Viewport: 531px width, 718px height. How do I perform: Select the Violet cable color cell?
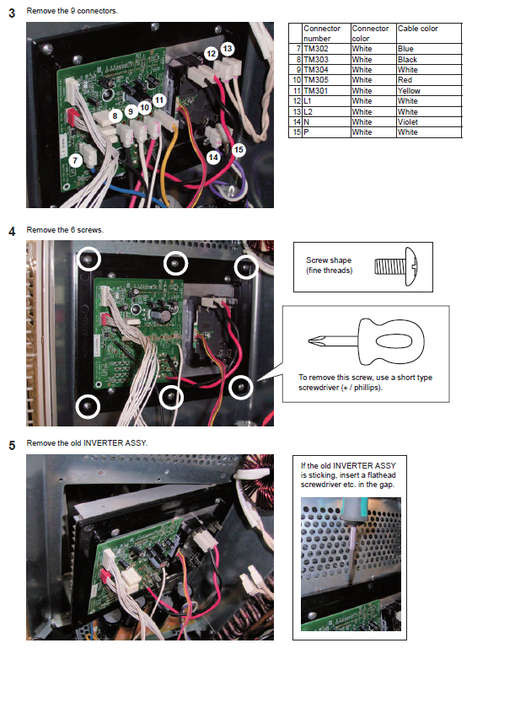(x=407, y=122)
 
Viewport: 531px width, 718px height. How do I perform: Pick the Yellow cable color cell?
(x=409, y=91)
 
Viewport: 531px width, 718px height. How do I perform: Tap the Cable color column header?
(x=417, y=29)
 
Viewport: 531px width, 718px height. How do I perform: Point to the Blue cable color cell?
(x=405, y=49)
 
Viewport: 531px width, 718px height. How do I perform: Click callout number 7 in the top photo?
(x=75, y=160)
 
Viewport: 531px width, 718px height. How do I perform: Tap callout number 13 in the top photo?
(x=227, y=48)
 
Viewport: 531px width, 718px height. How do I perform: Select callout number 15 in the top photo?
(x=239, y=149)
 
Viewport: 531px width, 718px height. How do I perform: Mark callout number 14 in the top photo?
(x=213, y=157)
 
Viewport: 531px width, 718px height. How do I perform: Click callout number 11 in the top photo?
(x=159, y=100)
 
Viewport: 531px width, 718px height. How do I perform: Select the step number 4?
(x=12, y=231)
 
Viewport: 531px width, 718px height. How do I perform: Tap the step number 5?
(x=12, y=444)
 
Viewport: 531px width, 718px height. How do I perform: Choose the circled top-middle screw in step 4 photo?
(x=174, y=264)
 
